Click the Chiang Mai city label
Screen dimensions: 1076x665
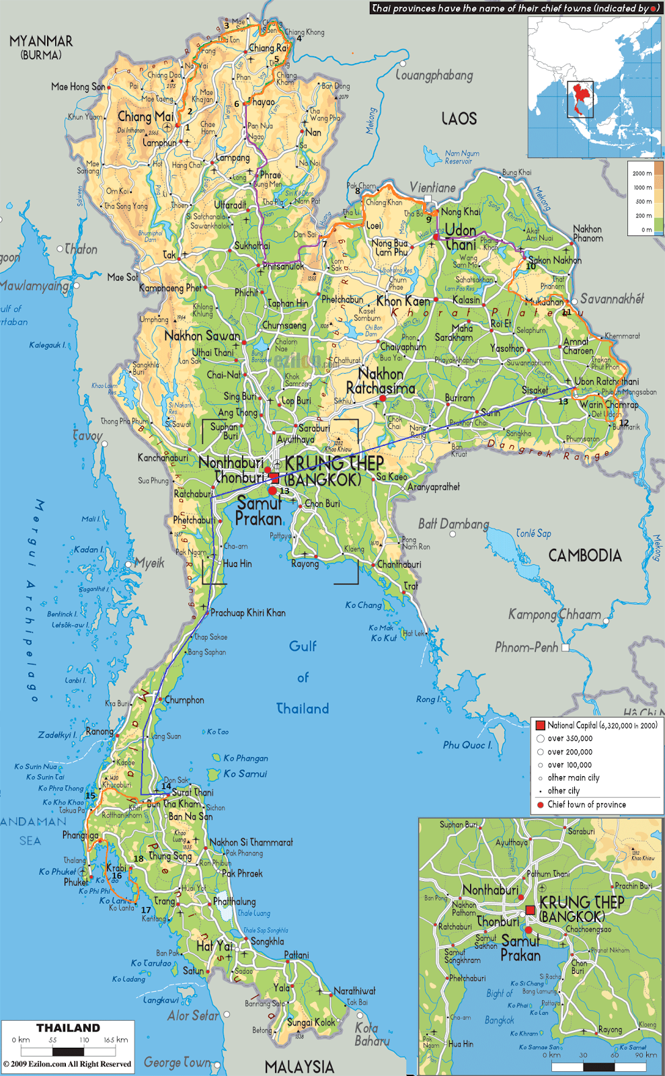(x=145, y=116)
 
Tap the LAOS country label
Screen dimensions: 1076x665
(x=459, y=119)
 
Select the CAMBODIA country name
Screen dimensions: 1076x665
(x=584, y=555)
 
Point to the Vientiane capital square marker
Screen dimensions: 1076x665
(x=428, y=199)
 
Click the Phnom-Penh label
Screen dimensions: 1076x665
(x=526, y=647)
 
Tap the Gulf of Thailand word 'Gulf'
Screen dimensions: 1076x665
(x=303, y=646)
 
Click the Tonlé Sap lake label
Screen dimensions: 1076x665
(x=533, y=533)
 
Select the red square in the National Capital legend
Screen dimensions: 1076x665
(x=540, y=725)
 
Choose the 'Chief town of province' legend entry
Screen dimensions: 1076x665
(x=586, y=804)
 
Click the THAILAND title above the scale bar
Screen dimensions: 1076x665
(x=68, y=1028)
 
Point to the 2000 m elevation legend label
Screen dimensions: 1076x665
(x=641, y=174)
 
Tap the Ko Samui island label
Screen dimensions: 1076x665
(x=245, y=774)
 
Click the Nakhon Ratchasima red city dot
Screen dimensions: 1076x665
(x=383, y=399)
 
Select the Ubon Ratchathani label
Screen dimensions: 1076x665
(x=607, y=381)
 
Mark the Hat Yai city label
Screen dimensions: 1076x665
(x=214, y=946)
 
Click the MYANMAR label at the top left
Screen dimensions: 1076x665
(x=41, y=42)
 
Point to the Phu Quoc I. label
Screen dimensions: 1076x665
(x=467, y=745)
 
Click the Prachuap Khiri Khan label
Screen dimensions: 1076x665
(x=247, y=613)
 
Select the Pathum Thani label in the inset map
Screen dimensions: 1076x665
(x=548, y=874)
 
